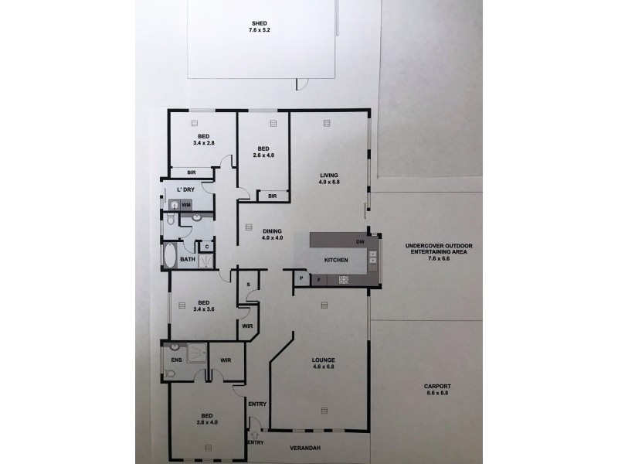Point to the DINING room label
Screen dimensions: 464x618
click(270, 230)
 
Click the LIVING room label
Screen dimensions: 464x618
click(329, 176)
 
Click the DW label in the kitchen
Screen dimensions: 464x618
click(360, 242)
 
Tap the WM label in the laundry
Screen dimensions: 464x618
click(186, 205)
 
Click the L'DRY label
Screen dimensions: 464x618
click(185, 189)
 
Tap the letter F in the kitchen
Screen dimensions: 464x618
click(318, 280)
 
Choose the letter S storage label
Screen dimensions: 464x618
click(247, 284)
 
